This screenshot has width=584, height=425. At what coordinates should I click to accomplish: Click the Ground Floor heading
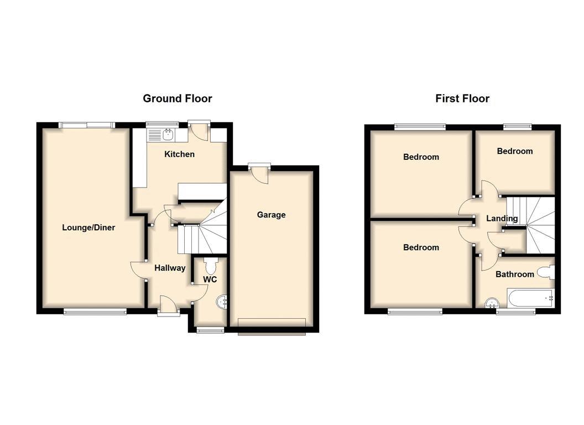click(178, 99)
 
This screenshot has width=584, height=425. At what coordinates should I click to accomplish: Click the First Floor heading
click(462, 99)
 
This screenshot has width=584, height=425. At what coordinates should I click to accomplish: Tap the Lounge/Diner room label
click(88, 227)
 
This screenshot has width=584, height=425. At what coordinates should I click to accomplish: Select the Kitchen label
click(180, 154)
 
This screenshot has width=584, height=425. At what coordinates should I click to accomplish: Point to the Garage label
click(271, 215)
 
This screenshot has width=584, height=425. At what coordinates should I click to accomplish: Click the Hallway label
click(170, 268)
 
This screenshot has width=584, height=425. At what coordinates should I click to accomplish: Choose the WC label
click(210, 279)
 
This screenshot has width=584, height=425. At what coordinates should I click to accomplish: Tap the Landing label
click(502, 218)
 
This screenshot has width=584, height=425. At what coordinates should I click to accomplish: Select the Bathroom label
click(515, 274)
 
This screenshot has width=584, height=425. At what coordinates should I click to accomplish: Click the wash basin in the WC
click(222, 301)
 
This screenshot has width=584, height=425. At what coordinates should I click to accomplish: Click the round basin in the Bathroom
click(492, 303)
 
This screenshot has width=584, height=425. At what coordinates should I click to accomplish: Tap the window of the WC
click(211, 330)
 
